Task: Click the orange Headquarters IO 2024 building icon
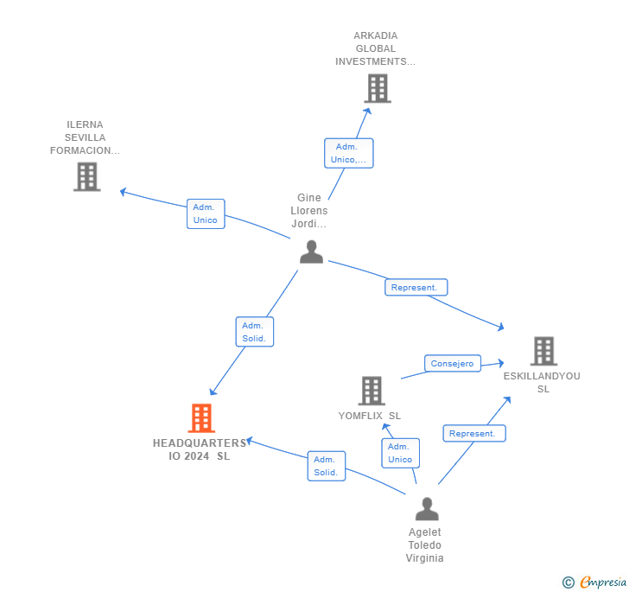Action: (201, 418)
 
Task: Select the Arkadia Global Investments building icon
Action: (377, 88)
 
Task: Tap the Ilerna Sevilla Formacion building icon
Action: (86, 176)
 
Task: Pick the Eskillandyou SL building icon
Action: (543, 351)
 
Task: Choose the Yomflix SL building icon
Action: (371, 391)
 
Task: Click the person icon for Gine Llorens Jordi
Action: (311, 251)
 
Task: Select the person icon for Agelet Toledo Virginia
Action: (427, 509)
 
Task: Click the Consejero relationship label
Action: (452, 364)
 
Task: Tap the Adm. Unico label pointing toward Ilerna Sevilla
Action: (206, 213)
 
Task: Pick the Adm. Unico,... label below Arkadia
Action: (349, 153)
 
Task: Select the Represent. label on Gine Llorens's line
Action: (416, 288)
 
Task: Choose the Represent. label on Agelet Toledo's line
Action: (473, 434)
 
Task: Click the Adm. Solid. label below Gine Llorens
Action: (254, 332)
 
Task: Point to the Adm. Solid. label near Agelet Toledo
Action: (326, 466)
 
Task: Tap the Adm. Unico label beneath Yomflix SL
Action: (400, 453)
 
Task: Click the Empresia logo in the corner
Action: (595, 582)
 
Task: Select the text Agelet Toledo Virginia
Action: (424, 545)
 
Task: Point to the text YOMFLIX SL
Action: (370, 416)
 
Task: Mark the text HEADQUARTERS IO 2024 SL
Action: (200, 449)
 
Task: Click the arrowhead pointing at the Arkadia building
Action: (367, 111)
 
